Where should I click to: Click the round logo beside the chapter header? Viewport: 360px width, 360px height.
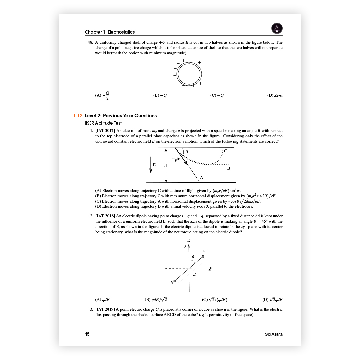coord(277,28)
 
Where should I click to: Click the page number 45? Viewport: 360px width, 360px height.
coord(87,334)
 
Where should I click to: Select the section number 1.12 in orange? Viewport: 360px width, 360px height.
coord(78,116)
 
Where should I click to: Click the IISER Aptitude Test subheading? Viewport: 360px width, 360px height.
coord(103,123)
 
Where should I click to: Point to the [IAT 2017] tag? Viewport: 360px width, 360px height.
coord(105,131)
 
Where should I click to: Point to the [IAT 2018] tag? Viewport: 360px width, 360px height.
coord(105,216)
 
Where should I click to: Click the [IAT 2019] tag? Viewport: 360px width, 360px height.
coord(105,309)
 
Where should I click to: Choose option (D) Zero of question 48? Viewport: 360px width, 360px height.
coord(275,95)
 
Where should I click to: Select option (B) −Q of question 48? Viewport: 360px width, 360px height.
coord(160,95)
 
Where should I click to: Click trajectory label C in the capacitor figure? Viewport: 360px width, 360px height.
coord(225,151)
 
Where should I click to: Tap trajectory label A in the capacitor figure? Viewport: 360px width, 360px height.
coord(202,178)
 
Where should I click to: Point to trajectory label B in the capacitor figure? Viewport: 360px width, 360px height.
coord(229,169)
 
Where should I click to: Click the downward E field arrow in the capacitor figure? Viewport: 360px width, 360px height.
coord(151,165)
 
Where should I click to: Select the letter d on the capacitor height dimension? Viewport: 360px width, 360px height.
coord(165,166)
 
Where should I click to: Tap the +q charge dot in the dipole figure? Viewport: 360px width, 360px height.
coord(203,256)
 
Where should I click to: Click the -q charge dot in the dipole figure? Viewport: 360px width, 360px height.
coord(175,281)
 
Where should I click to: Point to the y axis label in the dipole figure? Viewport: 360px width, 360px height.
coord(185,246)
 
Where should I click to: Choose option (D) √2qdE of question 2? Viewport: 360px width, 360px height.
coord(276,299)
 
